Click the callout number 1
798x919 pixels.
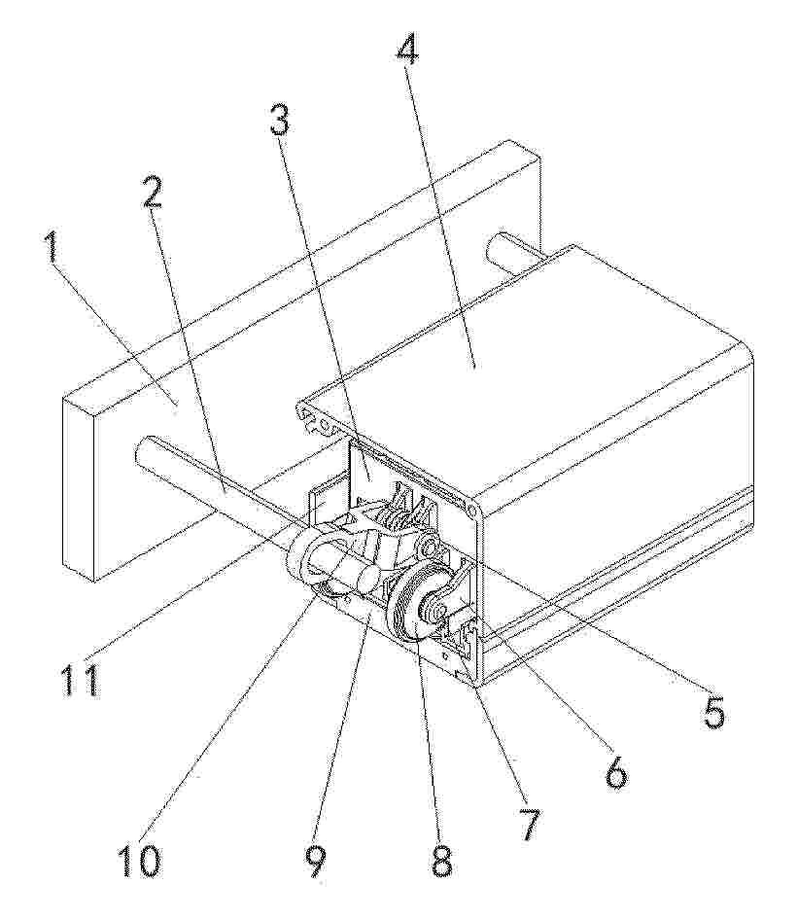click(52, 249)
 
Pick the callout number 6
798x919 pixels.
click(614, 771)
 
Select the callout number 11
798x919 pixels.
click(80, 678)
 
